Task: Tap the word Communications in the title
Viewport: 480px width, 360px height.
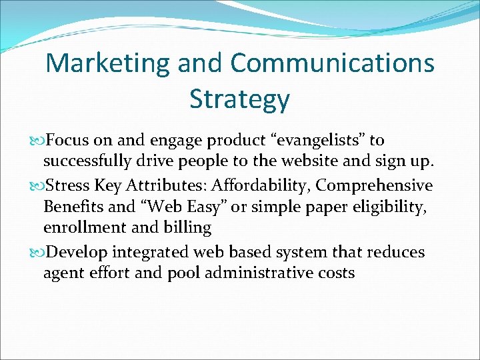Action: coord(333,63)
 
